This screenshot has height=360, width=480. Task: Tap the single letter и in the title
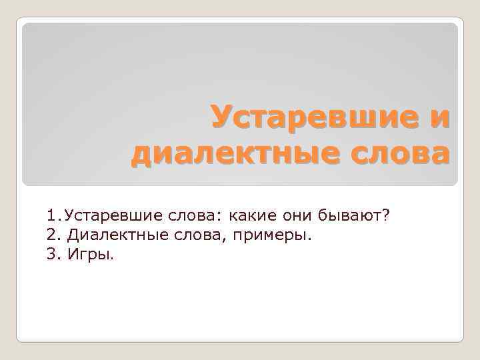coord(439,118)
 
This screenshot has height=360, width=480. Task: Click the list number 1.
coord(52,216)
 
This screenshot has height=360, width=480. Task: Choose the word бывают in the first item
coord(349,216)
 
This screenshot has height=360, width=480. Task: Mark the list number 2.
coord(53,235)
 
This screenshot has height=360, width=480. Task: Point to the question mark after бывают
coord(385,216)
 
